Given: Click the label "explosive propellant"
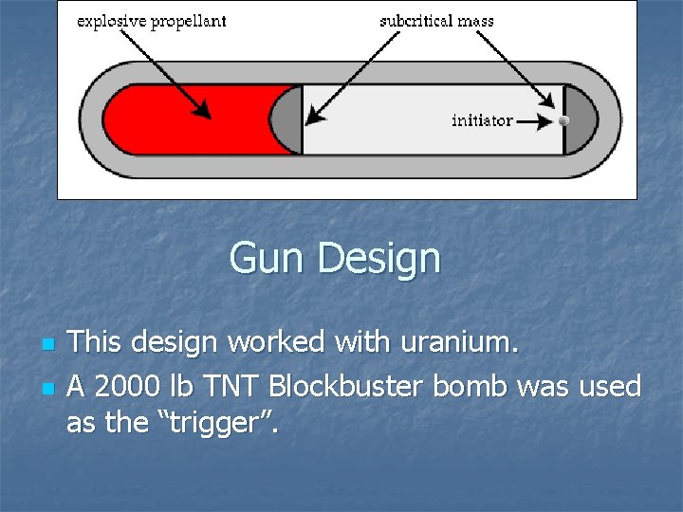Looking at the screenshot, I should point(151,21).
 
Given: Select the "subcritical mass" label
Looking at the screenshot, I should point(436,21).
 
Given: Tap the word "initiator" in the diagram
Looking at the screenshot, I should point(482,120).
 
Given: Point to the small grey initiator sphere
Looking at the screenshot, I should point(563,120).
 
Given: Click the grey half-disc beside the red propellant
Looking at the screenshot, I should point(286,119).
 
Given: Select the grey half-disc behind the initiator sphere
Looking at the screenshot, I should point(581,119).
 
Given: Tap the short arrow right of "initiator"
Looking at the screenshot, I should point(534,121).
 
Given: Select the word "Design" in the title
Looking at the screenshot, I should point(379,259).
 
